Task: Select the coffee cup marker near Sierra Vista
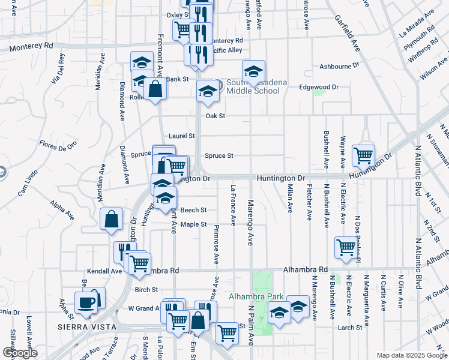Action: pos(85,302)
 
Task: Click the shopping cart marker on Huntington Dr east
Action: pos(364,155)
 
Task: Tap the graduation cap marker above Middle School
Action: pos(253,71)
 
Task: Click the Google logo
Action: pos(20,353)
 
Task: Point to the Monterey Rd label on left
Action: pos(37,45)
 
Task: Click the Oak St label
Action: pos(215,116)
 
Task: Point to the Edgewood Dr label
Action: pos(319,87)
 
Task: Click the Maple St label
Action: pos(194,224)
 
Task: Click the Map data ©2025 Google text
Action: pos(411,355)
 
